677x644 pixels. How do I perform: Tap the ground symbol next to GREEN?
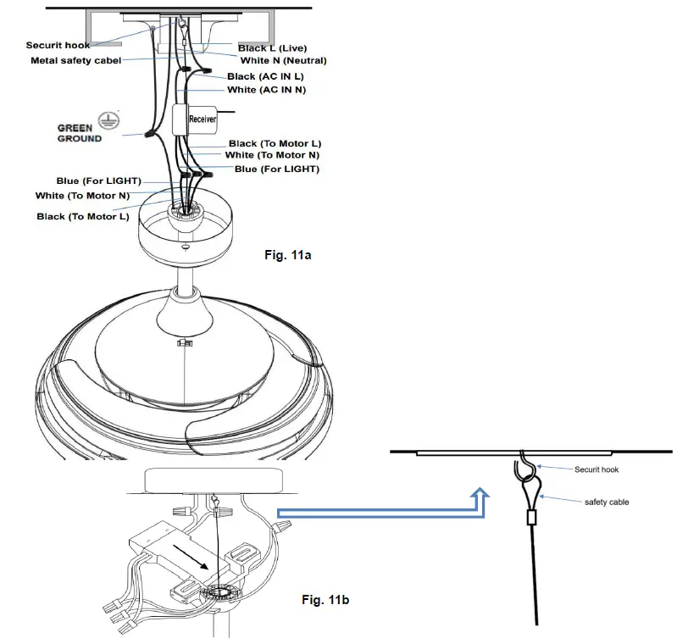click(108, 121)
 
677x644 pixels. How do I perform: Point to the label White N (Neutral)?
click(283, 61)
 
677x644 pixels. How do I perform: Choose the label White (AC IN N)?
click(266, 90)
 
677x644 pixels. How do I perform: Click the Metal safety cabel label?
click(76, 60)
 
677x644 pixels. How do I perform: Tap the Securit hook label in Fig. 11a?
click(58, 46)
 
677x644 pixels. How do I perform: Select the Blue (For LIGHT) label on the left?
click(99, 181)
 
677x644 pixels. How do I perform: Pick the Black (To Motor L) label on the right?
click(275, 144)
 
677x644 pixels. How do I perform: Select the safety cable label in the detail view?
click(606, 502)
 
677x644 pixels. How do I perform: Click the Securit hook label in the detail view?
click(596, 469)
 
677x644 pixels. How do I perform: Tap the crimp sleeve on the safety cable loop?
click(531, 516)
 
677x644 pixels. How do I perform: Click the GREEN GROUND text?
click(79, 134)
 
